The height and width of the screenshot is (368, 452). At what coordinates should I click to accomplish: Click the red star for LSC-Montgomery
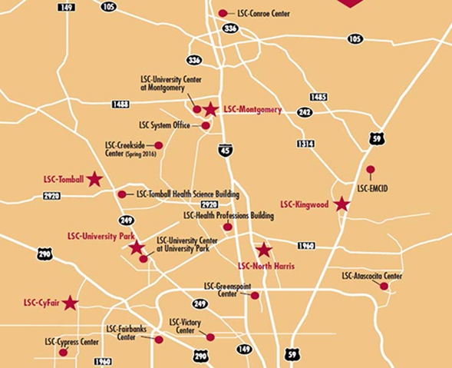click(x=211, y=110)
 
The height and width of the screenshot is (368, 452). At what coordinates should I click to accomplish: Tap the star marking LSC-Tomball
click(x=94, y=179)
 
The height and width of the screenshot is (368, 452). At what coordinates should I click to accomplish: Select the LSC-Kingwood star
click(x=341, y=204)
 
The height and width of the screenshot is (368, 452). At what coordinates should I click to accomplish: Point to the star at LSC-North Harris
click(x=264, y=250)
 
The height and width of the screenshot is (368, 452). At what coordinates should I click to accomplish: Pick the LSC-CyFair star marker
click(x=71, y=303)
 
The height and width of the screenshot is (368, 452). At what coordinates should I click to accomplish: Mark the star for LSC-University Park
click(x=137, y=247)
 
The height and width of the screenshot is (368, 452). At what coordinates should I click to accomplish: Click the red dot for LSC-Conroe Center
click(x=223, y=13)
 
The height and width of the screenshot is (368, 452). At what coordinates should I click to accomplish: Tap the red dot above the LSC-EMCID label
click(x=370, y=169)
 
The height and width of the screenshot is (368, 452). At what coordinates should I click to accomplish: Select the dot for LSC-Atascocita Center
click(x=384, y=287)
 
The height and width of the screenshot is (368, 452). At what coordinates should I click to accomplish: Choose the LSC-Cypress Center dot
click(x=63, y=352)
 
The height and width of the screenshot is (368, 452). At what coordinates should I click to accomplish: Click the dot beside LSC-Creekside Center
click(x=159, y=145)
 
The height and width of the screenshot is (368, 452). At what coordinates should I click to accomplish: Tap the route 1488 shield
click(x=120, y=103)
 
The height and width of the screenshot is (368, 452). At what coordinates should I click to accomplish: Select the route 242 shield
click(x=305, y=112)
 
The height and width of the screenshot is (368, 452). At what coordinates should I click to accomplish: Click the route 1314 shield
click(x=306, y=144)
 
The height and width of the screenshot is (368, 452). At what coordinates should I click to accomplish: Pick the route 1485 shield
click(x=318, y=97)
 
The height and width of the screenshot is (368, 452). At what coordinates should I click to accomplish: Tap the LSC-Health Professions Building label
click(x=229, y=216)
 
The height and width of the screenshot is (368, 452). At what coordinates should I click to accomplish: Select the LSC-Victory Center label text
click(x=185, y=327)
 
